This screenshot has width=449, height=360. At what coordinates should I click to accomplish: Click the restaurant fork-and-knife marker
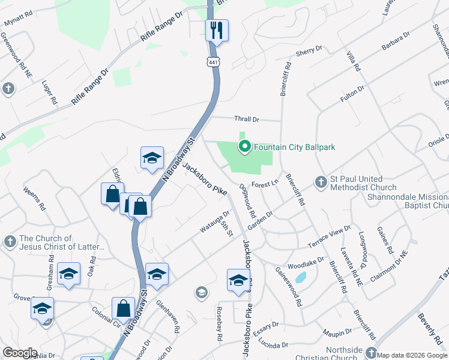[x=217, y=30]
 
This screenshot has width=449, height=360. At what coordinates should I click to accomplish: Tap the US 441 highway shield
[x=213, y=62]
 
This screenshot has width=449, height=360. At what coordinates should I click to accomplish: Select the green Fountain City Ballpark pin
[x=244, y=146]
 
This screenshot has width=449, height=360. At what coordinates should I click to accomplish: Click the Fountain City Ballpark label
[x=294, y=147]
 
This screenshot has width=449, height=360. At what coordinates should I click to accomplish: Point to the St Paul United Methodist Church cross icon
[x=321, y=181]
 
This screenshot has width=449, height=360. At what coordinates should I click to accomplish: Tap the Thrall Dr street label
[x=247, y=119]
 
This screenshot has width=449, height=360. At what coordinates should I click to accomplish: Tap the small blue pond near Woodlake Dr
[x=301, y=277]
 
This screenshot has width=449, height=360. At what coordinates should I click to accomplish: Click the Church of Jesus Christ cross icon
[x=10, y=241]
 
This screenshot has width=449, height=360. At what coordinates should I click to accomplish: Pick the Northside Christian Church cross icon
[x=372, y=353]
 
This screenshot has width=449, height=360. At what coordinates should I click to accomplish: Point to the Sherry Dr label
[x=309, y=52]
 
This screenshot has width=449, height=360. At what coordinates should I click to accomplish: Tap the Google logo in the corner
[x=20, y=352]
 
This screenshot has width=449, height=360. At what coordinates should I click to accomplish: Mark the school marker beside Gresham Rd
[x=69, y=274]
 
